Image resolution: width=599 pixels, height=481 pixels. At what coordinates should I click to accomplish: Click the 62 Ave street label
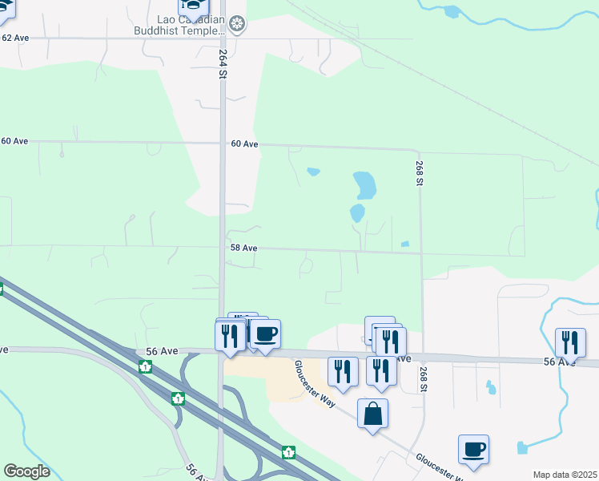(16, 38)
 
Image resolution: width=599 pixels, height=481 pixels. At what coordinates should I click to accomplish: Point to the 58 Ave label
(243, 249)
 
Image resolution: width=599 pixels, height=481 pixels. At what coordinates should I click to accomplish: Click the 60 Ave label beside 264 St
(244, 144)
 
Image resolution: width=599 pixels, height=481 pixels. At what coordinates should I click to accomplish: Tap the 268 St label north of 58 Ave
(419, 173)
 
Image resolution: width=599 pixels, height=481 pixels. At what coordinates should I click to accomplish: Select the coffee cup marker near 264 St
(265, 333)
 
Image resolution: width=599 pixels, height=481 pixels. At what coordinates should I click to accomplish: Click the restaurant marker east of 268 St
(570, 342)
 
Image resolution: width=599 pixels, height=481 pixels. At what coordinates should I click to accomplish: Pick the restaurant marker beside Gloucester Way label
(343, 372)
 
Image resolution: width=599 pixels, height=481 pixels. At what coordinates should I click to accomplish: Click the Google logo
(26, 471)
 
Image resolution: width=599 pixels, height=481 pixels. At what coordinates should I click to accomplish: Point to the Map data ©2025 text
(565, 475)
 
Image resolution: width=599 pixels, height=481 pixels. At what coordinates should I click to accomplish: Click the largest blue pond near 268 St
(365, 185)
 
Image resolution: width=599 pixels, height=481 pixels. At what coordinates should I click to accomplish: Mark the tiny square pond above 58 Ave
(404, 244)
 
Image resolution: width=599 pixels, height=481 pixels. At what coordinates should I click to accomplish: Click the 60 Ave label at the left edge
(14, 141)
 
